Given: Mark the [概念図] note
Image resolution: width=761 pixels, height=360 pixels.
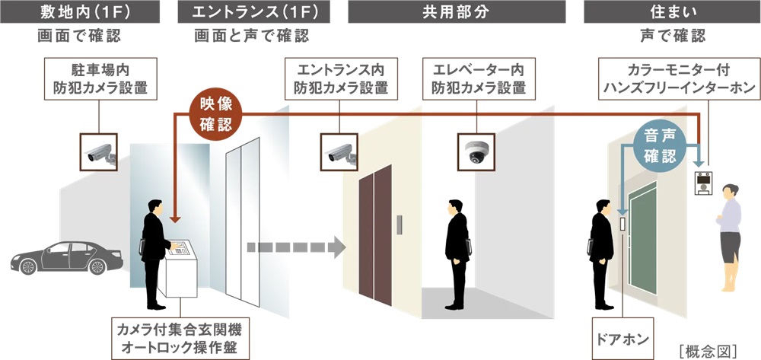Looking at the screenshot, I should (705, 350).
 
